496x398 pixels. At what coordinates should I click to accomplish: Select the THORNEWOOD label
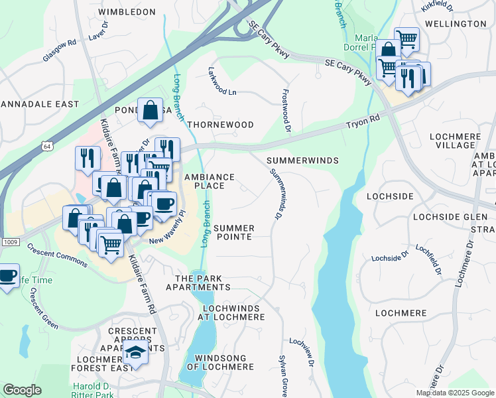click(x=220, y=125)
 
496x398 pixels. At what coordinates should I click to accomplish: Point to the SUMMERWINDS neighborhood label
click(x=302, y=161)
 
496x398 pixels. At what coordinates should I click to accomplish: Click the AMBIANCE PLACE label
click(x=210, y=182)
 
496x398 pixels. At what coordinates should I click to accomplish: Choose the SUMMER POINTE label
click(x=232, y=232)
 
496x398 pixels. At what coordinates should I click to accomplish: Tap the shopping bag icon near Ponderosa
click(x=151, y=111)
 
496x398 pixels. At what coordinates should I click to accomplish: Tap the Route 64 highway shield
click(x=48, y=146)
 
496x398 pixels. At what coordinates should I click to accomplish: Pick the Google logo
click(x=22, y=390)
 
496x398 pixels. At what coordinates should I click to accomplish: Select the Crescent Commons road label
click(x=57, y=255)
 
